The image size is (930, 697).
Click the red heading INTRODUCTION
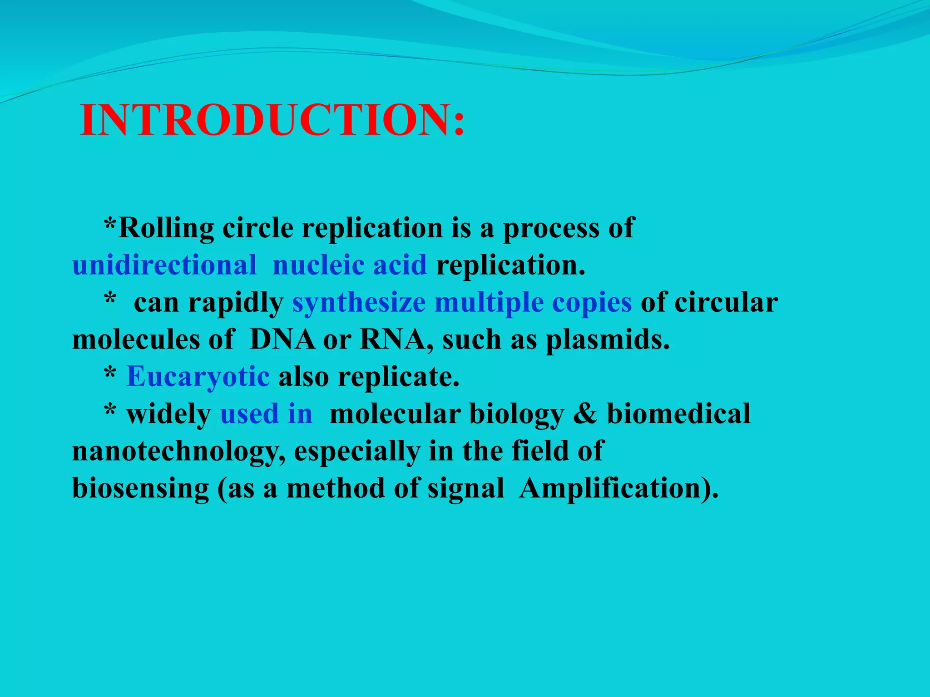[x=272, y=120]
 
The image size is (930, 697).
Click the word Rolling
[x=166, y=228]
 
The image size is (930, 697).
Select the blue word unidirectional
[x=164, y=265]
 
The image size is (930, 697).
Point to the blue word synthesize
[x=359, y=303]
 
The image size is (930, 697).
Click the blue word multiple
[x=489, y=302]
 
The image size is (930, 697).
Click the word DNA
[x=282, y=339]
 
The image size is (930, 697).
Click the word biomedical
[x=678, y=414]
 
